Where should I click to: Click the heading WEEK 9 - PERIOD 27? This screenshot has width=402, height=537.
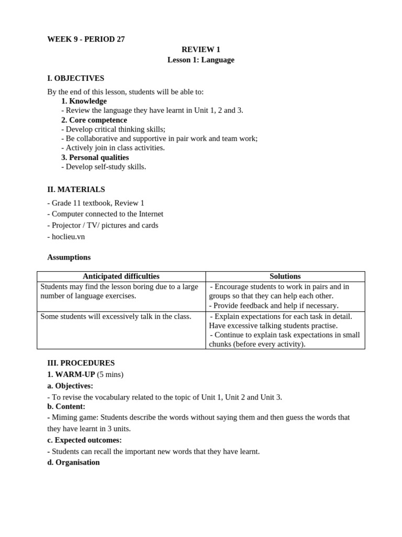click(86, 39)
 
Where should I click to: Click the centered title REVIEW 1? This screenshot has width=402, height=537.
click(200, 50)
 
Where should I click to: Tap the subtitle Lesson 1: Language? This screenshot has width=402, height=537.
click(200, 60)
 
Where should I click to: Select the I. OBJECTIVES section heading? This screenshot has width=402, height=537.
click(75, 78)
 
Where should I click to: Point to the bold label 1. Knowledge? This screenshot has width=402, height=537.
click(84, 101)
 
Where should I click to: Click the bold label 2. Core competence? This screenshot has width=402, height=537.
click(94, 120)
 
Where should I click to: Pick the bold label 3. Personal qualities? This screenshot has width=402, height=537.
click(95, 157)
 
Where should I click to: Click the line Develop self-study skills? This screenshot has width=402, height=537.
click(104, 167)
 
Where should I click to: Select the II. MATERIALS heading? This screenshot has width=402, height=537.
click(76, 189)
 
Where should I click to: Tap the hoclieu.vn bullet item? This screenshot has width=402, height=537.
click(66, 237)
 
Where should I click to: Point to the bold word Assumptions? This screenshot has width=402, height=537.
click(69, 257)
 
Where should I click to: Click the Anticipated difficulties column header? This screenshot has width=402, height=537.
click(121, 276)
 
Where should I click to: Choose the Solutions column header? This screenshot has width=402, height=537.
click(285, 276)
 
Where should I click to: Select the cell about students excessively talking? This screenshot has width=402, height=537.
click(116, 316)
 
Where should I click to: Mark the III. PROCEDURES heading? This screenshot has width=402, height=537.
click(81, 363)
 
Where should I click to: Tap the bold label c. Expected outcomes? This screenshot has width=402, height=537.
click(84, 440)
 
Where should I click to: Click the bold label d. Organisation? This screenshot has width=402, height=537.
click(73, 463)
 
